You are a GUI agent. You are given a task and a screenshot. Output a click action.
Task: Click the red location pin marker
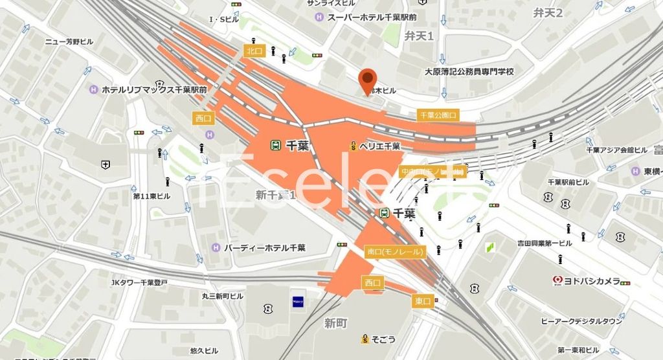point(368,80)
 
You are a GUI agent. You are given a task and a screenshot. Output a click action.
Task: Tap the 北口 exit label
point(253,50)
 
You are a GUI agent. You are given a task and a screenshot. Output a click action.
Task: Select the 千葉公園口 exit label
point(438,115)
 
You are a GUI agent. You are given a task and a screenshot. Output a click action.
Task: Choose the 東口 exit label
point(422,301)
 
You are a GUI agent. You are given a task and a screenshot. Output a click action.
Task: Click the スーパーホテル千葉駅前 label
point(372,17)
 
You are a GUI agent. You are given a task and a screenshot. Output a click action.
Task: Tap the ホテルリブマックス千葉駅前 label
point(154,90)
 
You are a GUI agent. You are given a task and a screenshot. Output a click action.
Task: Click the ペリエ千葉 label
point(379,146)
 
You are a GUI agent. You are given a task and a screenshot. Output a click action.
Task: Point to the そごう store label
point(383,338)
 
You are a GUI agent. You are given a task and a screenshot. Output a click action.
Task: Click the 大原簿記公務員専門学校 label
point(469,71)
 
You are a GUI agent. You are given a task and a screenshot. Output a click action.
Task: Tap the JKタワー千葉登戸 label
point(139,282)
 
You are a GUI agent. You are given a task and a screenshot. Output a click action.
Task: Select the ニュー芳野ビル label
point(69,41)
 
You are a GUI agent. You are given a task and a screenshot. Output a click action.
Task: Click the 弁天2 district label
point(548,12)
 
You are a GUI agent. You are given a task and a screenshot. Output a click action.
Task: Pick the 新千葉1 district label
point(275,194)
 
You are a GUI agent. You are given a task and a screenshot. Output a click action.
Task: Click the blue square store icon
point(298,300)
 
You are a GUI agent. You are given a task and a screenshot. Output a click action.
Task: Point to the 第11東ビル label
point(152,196)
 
